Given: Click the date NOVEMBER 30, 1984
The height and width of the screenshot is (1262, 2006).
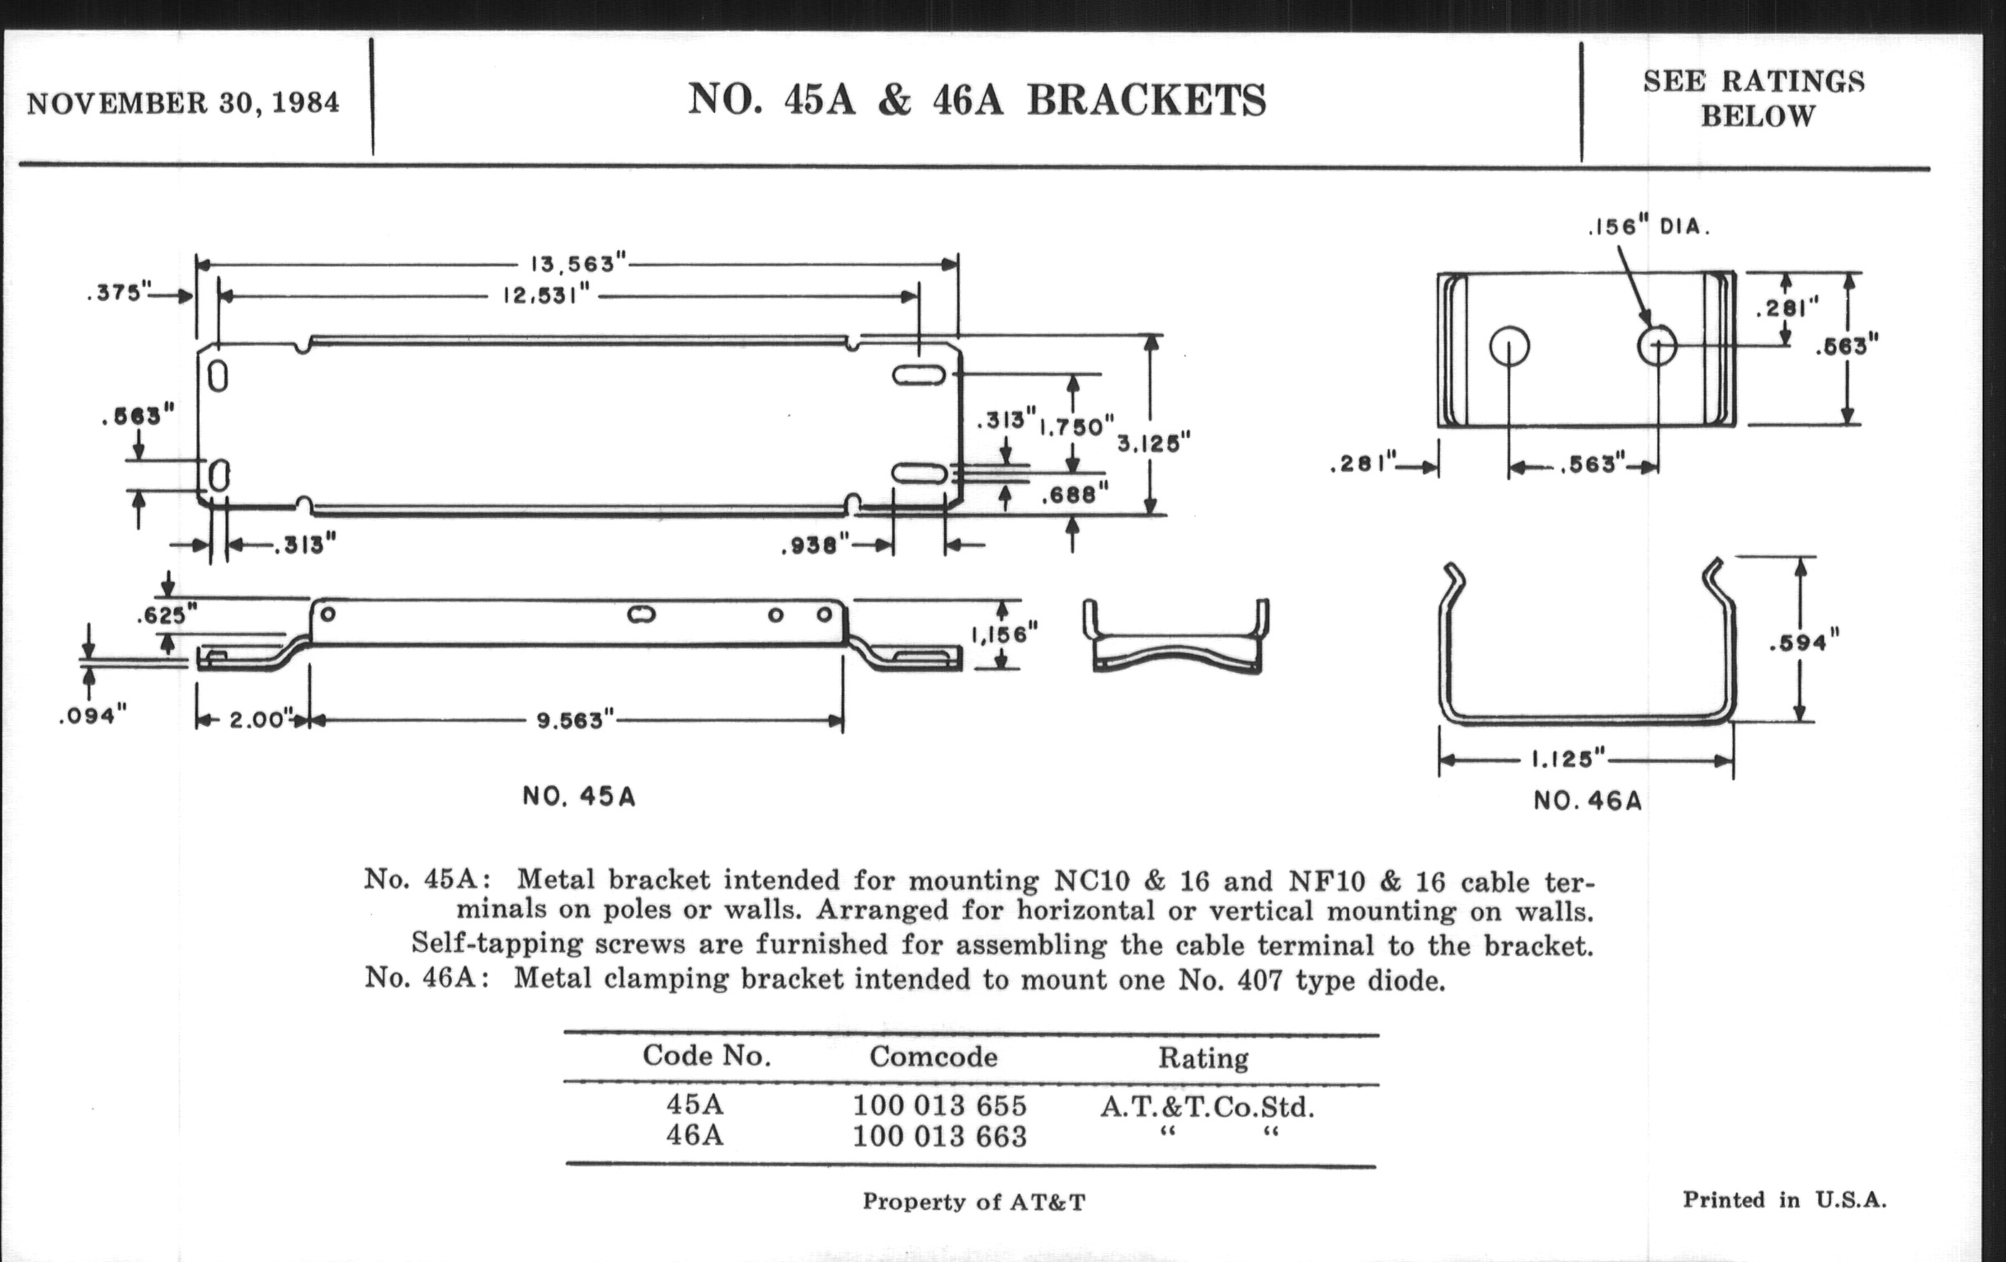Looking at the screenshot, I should pyautogui.click(x=183, y=103).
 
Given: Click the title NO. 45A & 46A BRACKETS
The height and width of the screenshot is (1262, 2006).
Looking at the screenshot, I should pyautogui.click(x=977, y=100).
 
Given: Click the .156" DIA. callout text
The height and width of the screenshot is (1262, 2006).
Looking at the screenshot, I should pyautogui.click(x=1648, y=227).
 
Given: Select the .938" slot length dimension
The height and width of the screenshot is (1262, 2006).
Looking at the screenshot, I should pyautogui.click(x=814, y=546).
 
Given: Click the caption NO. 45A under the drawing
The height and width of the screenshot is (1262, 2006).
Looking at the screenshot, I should pyautogui.click(x=579, y=797).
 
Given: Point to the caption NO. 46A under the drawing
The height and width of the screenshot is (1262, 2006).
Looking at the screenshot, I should pyautogui.click(x=1587, y=802).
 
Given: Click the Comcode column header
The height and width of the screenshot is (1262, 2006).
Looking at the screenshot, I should pyautogui.click(x=933, y=1057).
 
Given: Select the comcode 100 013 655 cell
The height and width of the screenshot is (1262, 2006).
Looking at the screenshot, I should pyautogui.click(x=939, y=1106).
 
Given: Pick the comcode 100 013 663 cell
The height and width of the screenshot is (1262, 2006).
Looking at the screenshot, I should pyautogui.click(x=939, y=1137).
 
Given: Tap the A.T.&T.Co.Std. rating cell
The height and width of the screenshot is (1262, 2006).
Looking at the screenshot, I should pyautogui.click(x=1207, y=1107).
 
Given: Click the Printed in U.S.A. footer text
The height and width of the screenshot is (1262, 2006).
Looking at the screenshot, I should pyautogui.click(x=1784, y=1200).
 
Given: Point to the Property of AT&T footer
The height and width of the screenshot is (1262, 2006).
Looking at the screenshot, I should pyautogui.click(x=973, y=1201).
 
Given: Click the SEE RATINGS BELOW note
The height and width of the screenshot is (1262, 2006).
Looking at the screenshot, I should pyautogui.click(x=1754, y=98).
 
